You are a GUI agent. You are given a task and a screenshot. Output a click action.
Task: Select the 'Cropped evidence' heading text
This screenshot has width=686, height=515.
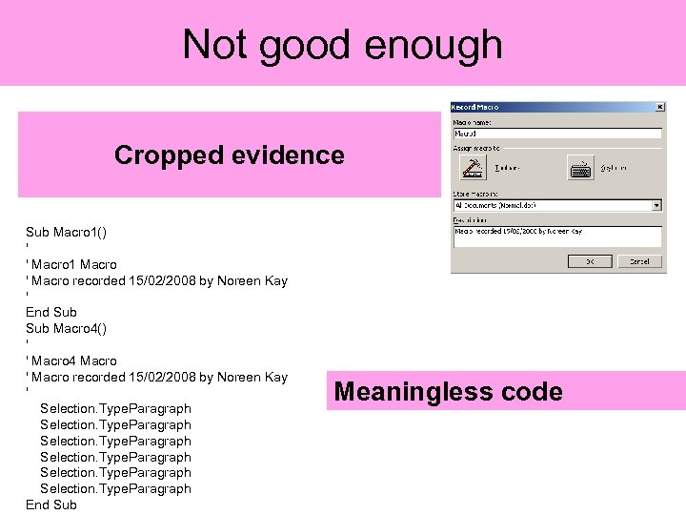[x=229, y=154]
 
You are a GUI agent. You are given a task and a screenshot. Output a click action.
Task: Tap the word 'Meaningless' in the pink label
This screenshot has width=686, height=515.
[x=414, y=392]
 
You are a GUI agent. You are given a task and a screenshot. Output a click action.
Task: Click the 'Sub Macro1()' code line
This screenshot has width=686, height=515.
[x=66, y=232]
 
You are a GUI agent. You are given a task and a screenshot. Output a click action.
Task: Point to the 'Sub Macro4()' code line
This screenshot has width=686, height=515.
[x=66, y=328]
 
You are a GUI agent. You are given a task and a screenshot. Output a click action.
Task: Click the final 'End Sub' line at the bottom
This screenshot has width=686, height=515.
[x=51, y=505]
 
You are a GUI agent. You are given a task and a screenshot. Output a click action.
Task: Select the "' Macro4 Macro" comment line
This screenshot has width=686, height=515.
[x=72, y=360]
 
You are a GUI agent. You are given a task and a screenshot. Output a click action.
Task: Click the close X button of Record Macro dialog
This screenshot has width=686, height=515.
[x=660, y=107]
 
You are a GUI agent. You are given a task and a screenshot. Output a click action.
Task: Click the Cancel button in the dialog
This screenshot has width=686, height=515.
[x=638, y=261]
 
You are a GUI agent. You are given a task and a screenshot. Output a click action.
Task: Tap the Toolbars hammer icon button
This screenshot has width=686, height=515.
[x=473, y=168]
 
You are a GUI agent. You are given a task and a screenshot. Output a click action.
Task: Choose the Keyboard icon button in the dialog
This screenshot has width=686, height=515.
[x=580, y=168]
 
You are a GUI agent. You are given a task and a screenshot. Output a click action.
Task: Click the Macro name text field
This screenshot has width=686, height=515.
[x=556, y=134]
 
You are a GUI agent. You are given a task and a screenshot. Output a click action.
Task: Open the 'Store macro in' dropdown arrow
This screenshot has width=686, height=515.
[x=656, y=204]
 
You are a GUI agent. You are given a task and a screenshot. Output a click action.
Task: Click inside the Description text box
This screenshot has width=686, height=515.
[x=556, y=237]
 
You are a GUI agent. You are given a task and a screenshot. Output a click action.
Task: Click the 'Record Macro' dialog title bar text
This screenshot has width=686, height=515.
[x=475, y=107]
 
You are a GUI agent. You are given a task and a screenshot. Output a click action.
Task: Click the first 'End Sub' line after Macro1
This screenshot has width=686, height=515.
[x=51, y=312]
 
